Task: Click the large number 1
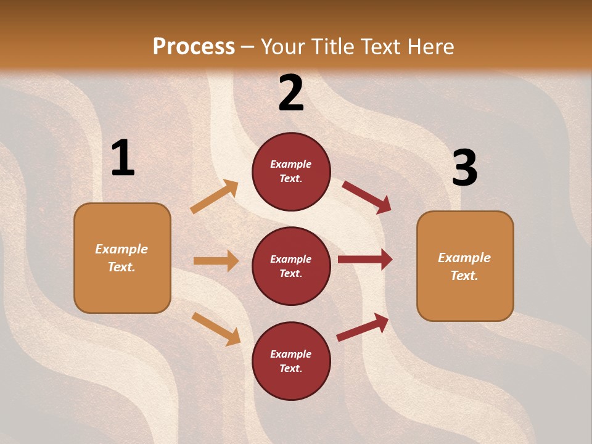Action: (x=123, y=158)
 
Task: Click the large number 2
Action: (x=291, y=93)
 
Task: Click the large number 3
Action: (x=464, y=168)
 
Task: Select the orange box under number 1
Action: (x=122, y=258)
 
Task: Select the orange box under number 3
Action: (x=465, y=266)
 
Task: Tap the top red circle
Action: (x=291, y=171)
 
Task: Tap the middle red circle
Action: (x=291, y=266)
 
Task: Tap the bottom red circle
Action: (x=291, y=361)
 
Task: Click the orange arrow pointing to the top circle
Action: (x=215, y=197)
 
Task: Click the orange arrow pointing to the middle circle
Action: (x=216, y=261)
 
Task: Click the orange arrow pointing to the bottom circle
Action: (x=216, y=329)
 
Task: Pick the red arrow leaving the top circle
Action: (x=366, y=197)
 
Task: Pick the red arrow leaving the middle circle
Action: (x=365, y=260)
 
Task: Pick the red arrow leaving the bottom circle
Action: (x=363, y=327)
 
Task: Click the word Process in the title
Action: (x=194, y=46)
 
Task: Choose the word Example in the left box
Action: (x=121, y=249)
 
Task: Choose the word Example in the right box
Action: (x=464, y=258)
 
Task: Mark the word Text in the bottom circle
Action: (x=290, y=368)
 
